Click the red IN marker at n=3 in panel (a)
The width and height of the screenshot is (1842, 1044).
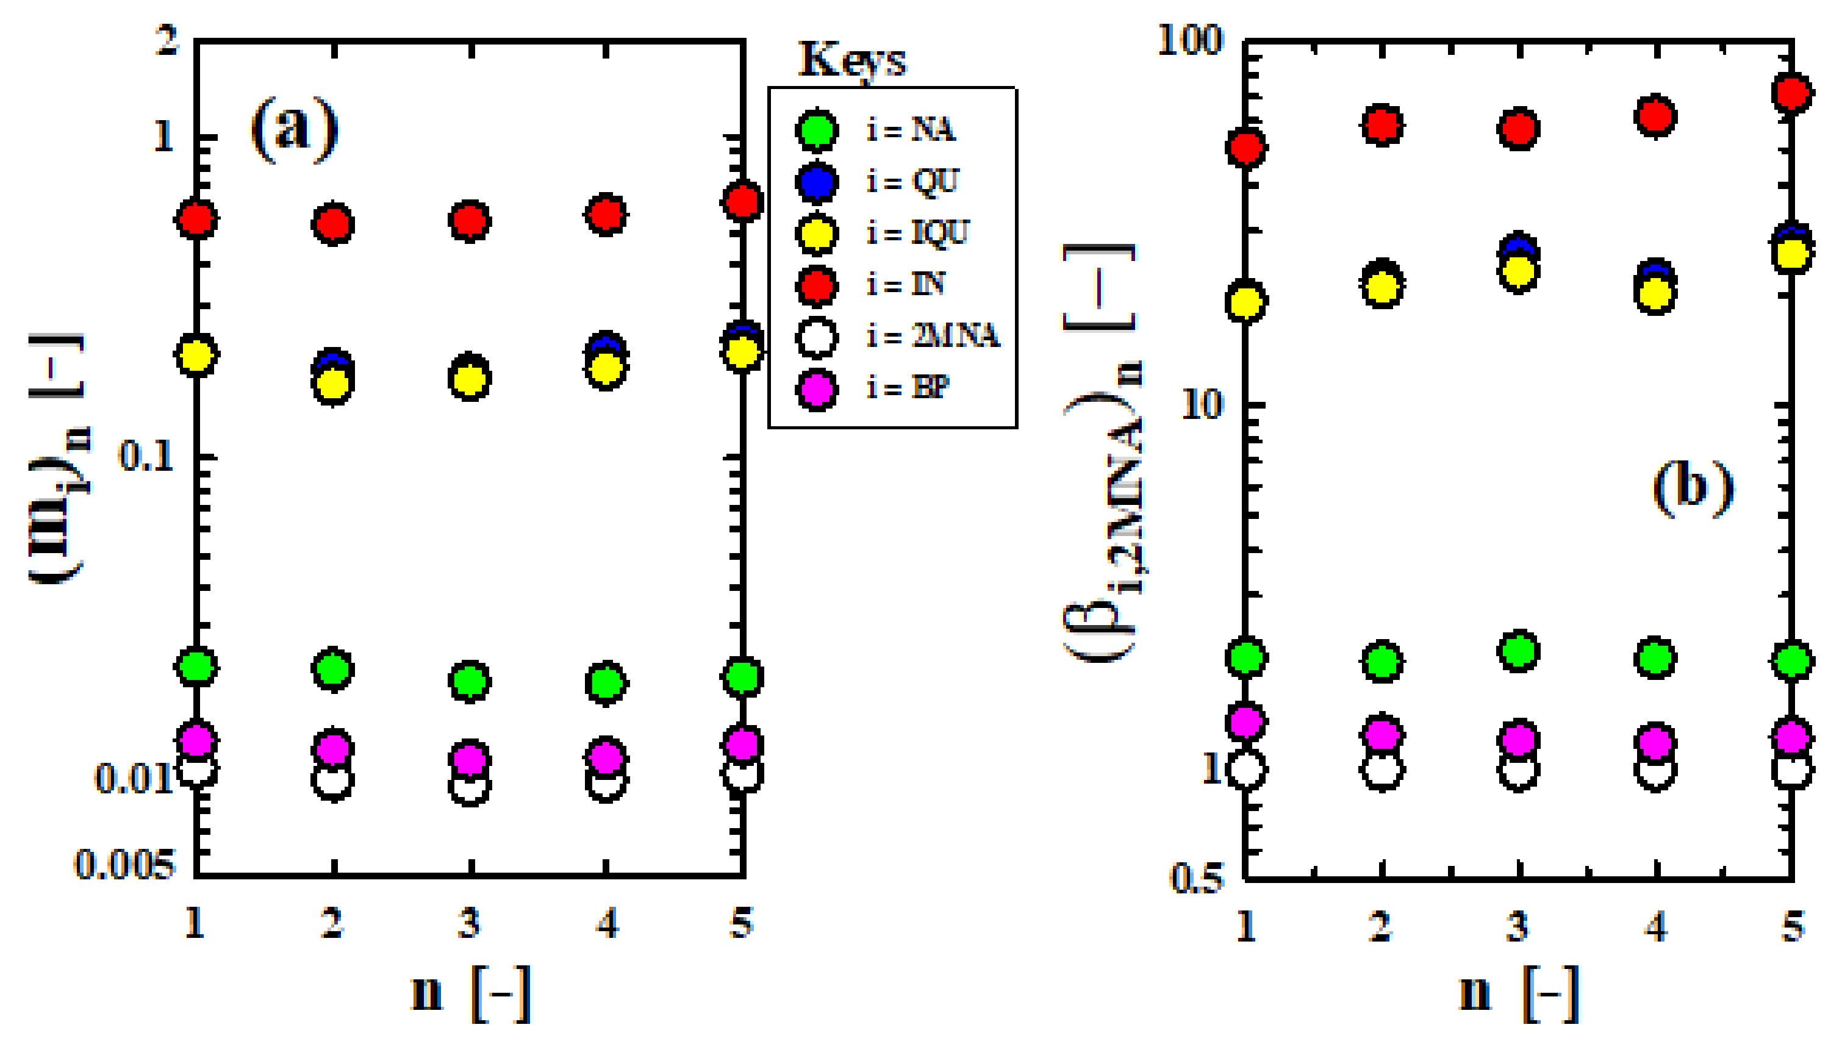(x=469, y=221)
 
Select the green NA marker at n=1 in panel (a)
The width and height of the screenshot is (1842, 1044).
(x=196, y=666)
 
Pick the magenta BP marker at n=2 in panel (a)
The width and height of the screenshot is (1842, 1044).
(x=332, y=748)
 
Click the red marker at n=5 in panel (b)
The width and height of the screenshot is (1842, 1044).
(x=1792, y=93)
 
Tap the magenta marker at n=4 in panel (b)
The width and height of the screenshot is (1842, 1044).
(x=1655, y=742)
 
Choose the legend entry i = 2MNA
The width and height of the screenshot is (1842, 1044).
(x=932, y=335)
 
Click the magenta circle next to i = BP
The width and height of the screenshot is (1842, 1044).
(x=817, y=389)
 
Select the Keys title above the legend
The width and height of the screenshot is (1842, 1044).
(x=852, y=60)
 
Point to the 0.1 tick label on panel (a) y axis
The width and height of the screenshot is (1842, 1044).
(x=147, y=456)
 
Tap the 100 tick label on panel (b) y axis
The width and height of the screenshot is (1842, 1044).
(x=1189, y=40)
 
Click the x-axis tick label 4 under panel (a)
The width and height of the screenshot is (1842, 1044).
(x=607, y=923)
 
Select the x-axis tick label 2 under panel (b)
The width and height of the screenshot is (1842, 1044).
(x=1381, y=926)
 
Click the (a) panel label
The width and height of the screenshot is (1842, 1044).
(x=294, y=129)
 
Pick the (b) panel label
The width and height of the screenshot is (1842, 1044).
(x=1693, y=488)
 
